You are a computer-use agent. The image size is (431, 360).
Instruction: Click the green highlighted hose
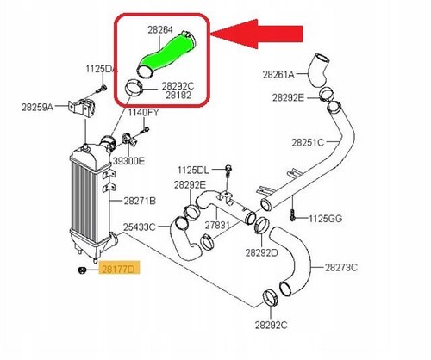(x=166, y=54)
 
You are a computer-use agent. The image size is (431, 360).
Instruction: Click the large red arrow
(x=256, y=34)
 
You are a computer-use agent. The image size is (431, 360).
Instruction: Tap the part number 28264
(x=160, y=30)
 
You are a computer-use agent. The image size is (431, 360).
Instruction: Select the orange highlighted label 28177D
(x=119, y=270)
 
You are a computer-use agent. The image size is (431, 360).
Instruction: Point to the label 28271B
(x=140, y=201)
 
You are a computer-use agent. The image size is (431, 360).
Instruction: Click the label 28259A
(x=38, y=108)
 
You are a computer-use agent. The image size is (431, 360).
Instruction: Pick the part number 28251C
(x=308, y=142)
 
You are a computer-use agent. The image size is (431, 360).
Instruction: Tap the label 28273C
(x=341, y=268)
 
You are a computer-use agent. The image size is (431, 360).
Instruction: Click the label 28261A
(x=278, y=75)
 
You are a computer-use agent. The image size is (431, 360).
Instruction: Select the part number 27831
(x=217, y=225)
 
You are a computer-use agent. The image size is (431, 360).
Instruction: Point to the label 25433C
(x=140, y=227)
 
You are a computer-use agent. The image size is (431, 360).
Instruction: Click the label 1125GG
(x=326, y=219)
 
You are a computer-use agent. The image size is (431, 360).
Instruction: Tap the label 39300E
(x=129, y=161)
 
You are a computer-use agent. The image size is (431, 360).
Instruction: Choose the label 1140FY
(x=143, y=112)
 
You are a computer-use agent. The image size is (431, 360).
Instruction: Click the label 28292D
(x=261, y=252)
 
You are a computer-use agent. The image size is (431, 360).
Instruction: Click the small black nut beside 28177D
(x=82, y=270)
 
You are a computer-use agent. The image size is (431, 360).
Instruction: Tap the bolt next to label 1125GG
(x=292, y=215)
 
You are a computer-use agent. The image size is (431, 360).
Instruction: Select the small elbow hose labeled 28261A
(x=318, y=70)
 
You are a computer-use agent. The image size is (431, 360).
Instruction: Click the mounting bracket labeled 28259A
(x=82, y=108)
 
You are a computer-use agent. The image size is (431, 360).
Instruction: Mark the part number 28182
(x=178, y=95)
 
